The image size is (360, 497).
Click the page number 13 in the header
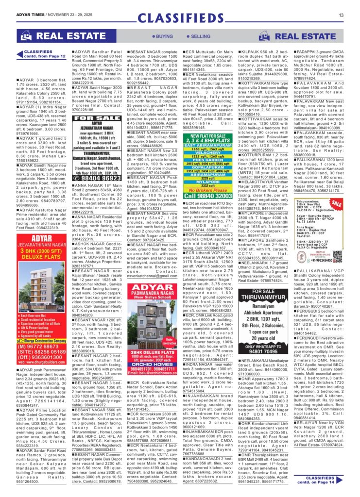(x=341, y=15)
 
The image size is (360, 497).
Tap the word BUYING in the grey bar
(x=163, y=36)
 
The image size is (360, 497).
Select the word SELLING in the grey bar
(x=199, y=36)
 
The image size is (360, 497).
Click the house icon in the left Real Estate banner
(x=25, y=36)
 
